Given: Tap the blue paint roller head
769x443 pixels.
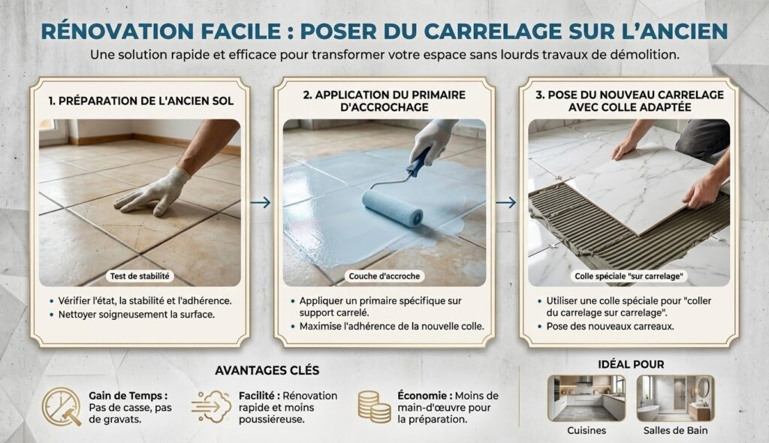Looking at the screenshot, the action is [392, 207].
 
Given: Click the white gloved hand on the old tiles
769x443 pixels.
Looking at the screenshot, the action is [152, 193].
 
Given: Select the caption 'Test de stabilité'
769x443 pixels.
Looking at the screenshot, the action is [140, 276].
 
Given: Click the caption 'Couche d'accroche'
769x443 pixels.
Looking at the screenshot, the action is [384, 276].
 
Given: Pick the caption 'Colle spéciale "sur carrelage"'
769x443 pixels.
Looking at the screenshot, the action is [629, 276].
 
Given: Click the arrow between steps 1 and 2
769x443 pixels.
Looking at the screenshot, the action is [261, 202].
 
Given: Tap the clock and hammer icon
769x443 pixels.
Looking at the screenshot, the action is [62, 407].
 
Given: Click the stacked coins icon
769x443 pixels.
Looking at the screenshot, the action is [374, 407].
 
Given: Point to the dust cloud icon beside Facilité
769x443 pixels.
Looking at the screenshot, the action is [211, 407].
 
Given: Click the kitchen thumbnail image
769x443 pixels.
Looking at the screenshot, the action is [587, 399].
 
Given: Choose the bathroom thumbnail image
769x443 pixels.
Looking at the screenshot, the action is [675, 399].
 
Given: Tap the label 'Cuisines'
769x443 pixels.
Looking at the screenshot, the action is [587, 431].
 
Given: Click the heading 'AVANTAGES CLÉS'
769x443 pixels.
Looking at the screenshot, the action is [267, 370].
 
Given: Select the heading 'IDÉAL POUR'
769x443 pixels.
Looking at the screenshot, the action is [631, 364].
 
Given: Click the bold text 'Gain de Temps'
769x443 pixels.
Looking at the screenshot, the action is [125, 396].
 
